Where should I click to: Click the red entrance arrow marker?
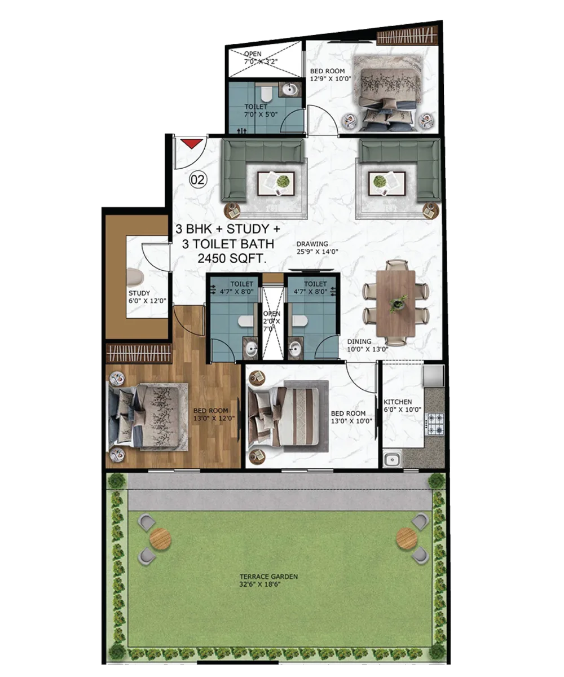coord(192,143)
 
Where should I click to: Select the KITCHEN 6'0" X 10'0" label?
coord(402,406)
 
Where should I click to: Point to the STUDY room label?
coord(147,297)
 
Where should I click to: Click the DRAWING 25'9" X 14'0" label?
coord(318,248)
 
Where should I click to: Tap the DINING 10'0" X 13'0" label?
coord(368,345)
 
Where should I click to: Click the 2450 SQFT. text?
coord(232,259)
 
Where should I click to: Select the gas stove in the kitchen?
coord(435,424)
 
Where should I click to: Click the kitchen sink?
coord(392,459)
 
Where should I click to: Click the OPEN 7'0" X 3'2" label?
coord(260,58)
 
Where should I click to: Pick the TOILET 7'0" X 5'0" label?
coord(261,110)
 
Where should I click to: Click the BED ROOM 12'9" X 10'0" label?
coord(331,75)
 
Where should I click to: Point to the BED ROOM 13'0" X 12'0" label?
coord(214,414)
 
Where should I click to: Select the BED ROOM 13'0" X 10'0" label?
coord(351,417)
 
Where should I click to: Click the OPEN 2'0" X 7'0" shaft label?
coord(272,321)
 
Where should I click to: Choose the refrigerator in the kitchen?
coord(433,376)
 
